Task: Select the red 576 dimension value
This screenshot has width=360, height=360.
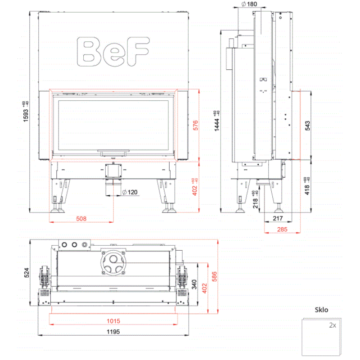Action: point(195,125)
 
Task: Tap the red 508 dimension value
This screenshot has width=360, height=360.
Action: point(81,218)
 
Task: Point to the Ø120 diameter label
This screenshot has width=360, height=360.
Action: point(130,192)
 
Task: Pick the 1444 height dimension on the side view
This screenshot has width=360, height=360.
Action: point(217,121)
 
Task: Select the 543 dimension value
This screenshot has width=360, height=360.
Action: point(308,125)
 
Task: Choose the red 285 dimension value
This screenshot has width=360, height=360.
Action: point(282,230)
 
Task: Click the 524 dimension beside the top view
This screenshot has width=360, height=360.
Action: point(27,272)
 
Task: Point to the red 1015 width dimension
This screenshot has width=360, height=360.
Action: point(113,321)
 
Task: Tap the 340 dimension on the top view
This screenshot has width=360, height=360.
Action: point(193,284)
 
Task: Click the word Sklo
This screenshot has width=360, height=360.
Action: point(321,310)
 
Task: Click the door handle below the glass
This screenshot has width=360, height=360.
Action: point(113,153)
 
